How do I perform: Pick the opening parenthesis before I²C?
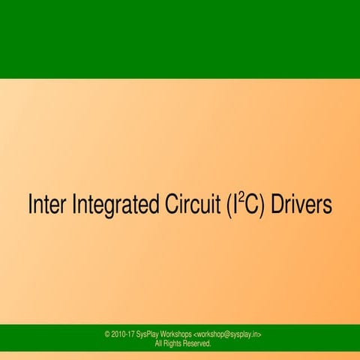coord(229,206)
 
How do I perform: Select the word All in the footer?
coord(158,343)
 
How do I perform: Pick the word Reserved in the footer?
coord(198,343)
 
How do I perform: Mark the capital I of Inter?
coord(30,205)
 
